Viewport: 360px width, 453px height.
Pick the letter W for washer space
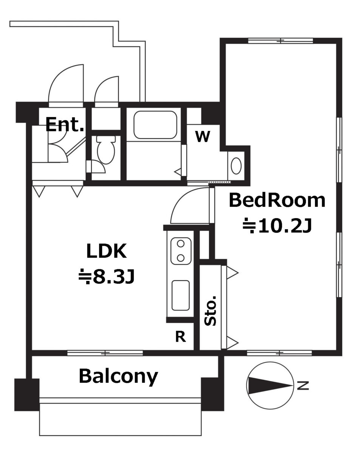(202, 137)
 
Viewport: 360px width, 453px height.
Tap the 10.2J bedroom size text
(277, 226)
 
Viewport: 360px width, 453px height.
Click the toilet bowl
(106, 149)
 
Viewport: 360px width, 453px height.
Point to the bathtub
(155, 125)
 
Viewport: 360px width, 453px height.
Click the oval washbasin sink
(236, 166)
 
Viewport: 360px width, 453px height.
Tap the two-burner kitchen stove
(181, 251)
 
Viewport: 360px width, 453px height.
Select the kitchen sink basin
(181, 295)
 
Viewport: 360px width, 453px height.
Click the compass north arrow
(270, 386)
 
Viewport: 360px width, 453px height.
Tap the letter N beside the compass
(303, 386)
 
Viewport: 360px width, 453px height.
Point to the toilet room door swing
(100, 167)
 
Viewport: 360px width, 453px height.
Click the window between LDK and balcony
(105, 353)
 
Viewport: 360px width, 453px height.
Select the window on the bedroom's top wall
(280, 41)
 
